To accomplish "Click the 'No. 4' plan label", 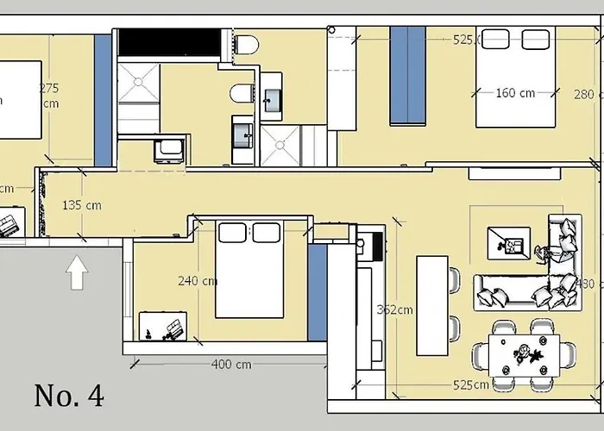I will pyautogui.click(x=69, y=396).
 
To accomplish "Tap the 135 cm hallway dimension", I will pyautogui.click(x=82, y=205).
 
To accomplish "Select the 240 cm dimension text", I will pyautogui.click(x=197, y=281).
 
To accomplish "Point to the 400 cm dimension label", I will pyautogui.click(x=231, y=365).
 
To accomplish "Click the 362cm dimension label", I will pyautogui.click(x=394, y=309).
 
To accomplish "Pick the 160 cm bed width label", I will pyautogui.click(x=515, y=93).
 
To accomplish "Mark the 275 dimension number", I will pyautogui.click(x=48, y=88).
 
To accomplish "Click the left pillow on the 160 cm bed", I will pyautogui.click(x=495, y=39).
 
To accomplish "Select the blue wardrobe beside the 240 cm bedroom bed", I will pyautogui.click(x=317, y=293).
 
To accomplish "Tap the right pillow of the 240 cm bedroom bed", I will pyautogui.click(x=266, y=232).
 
